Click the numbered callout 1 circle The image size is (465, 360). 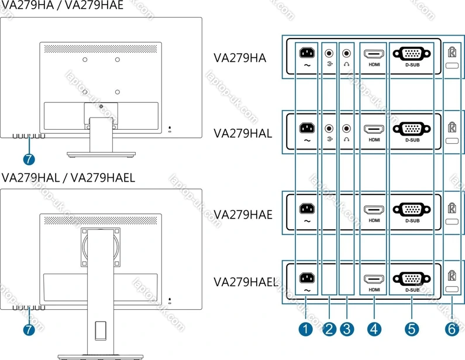(306, 329)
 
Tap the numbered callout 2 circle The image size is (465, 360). (329, 329)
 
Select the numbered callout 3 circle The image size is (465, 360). (347, 329)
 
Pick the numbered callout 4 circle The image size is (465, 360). (374, 329)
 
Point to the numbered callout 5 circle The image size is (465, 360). (412, 329)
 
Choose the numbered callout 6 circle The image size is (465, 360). (451, 329)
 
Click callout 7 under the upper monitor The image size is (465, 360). (29, 158)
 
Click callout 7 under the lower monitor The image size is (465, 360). (29, 328)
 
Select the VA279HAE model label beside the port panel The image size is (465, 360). (243, 214)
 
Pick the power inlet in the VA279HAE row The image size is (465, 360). (307, 209)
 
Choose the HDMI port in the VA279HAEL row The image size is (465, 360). (374, 279)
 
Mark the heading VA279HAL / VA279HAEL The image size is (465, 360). (68, 178)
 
